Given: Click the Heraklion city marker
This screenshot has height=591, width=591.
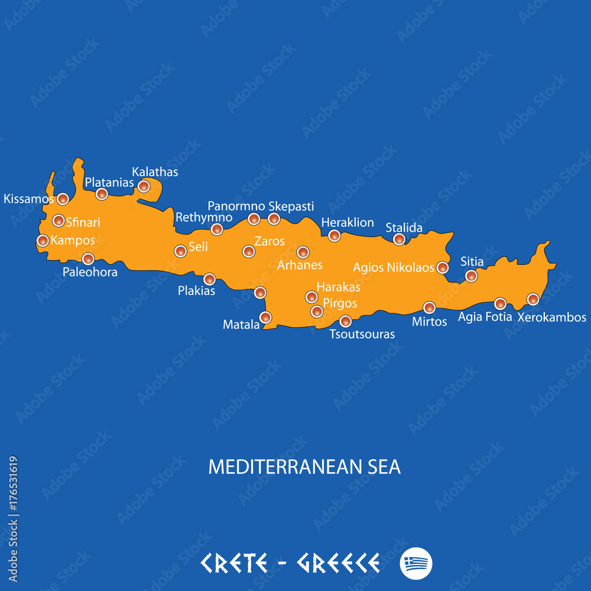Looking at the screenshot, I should click(x=335, y=236).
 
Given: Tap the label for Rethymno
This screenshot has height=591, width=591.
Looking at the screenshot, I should click(x=204, y=217).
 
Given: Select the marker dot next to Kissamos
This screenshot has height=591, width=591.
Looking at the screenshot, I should click(x=63, y=199).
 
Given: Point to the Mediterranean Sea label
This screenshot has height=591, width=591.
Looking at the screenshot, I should click(x=304, y=467).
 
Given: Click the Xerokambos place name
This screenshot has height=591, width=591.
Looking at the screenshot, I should click(x=552, y=317).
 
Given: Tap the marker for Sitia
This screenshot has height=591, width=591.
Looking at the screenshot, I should click(x=471, y=275).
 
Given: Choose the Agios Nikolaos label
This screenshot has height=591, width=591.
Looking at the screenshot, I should click(x=394, y=268).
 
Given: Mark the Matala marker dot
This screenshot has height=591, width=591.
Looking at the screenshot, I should click(x=265, y=317).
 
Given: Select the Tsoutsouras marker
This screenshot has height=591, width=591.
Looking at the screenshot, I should click(x=346, y=321).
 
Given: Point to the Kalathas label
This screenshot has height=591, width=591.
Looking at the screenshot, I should click(x=155, y=172).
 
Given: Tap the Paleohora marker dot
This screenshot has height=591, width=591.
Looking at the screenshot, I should click(x=88, y=258).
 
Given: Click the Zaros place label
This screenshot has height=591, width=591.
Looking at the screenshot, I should click(x=269, y=241).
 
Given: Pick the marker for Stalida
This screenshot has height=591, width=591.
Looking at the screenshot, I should click(x=400, y=239).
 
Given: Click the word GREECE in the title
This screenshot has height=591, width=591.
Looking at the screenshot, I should click(x=338, y=563).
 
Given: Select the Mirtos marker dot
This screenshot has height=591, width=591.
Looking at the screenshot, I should click(x=429, y=307).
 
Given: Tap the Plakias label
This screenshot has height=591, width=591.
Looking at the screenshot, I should click(x=196, y=291).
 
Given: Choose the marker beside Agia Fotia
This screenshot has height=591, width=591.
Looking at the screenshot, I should click(x=501, y=304).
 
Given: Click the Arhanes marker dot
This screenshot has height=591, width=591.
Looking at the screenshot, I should click(x=303, y=252).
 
